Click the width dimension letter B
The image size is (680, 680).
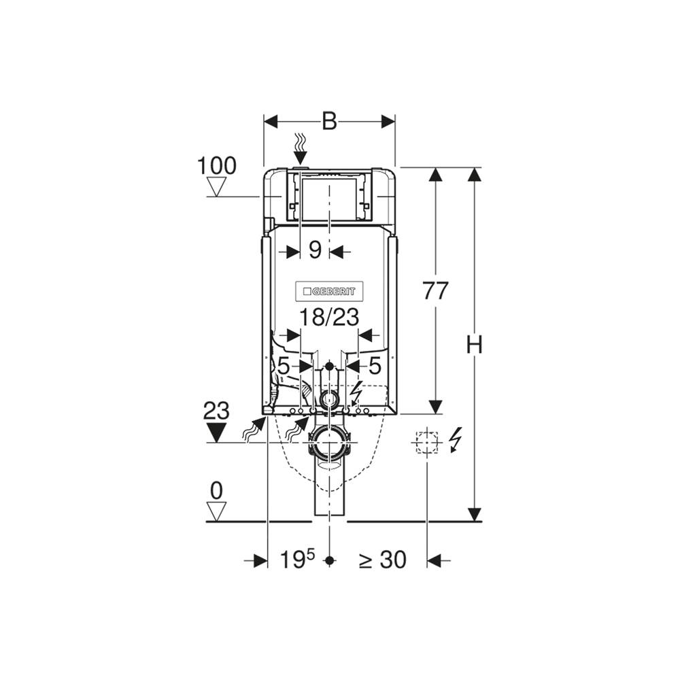pyautogui.click(x=330, y=122)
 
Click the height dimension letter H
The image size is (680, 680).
pyautogui.click(x=475, y=345)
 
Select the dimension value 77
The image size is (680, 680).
pyautogui.click(x=435, y=290)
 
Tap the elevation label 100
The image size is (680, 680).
pyautogui.click(x=217, y=166)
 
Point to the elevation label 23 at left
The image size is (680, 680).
pyautogui.click(x=216, y=411)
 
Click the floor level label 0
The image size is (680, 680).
pyautogui.click(x=216, y=492)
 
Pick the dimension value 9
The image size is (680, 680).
pyautogui.click(x=315, y=250)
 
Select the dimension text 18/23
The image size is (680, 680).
pyautogui.click(x=330, y=318)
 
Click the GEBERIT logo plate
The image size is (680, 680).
pyautogui.click(x=329, y=292)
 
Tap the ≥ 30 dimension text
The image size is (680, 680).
pyautogui.click(x=382, y=560)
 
